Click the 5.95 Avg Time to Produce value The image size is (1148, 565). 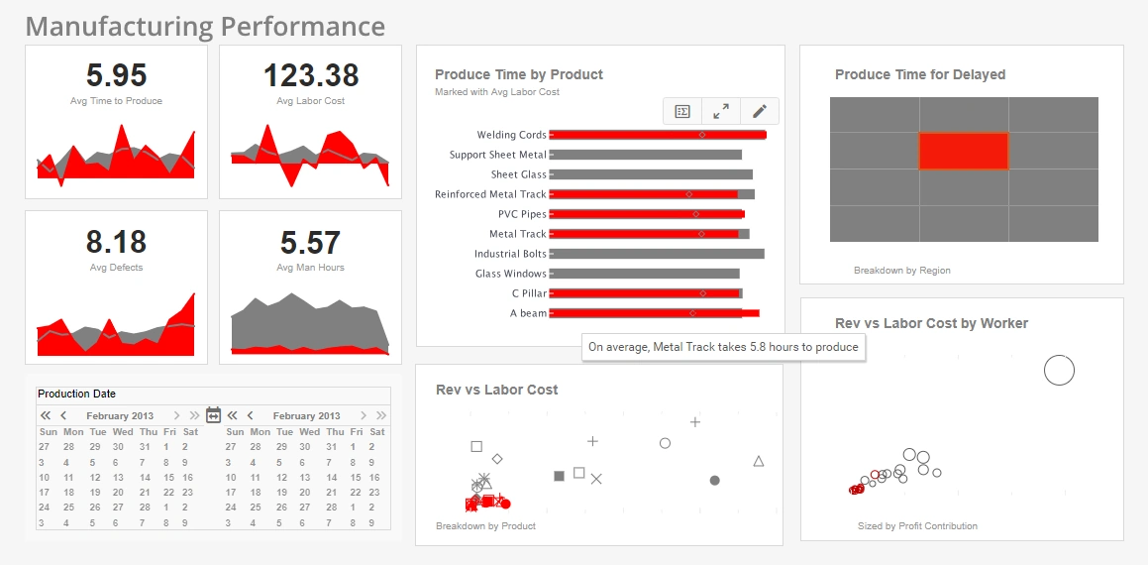116,76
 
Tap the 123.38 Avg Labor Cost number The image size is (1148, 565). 310,76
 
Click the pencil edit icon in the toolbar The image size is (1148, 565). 759,111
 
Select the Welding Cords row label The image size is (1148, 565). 511,135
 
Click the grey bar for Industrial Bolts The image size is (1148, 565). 657,254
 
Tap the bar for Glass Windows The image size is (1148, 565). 645,274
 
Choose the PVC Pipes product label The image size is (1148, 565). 522,214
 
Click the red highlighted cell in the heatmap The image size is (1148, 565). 963,151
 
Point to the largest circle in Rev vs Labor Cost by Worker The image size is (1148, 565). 1059,370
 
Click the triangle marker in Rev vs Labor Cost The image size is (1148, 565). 759,461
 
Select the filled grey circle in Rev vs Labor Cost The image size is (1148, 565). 714,481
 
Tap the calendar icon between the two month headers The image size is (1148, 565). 213,415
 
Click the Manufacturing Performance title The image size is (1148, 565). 205,26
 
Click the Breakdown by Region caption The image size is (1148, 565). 901,270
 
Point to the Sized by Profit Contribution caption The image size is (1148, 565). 917,526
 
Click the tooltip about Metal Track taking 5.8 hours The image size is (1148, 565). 723,347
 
